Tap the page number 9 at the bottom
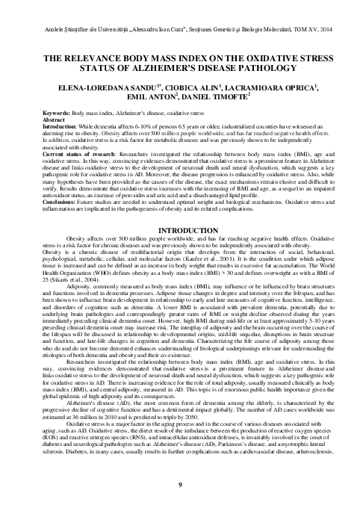181,486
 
